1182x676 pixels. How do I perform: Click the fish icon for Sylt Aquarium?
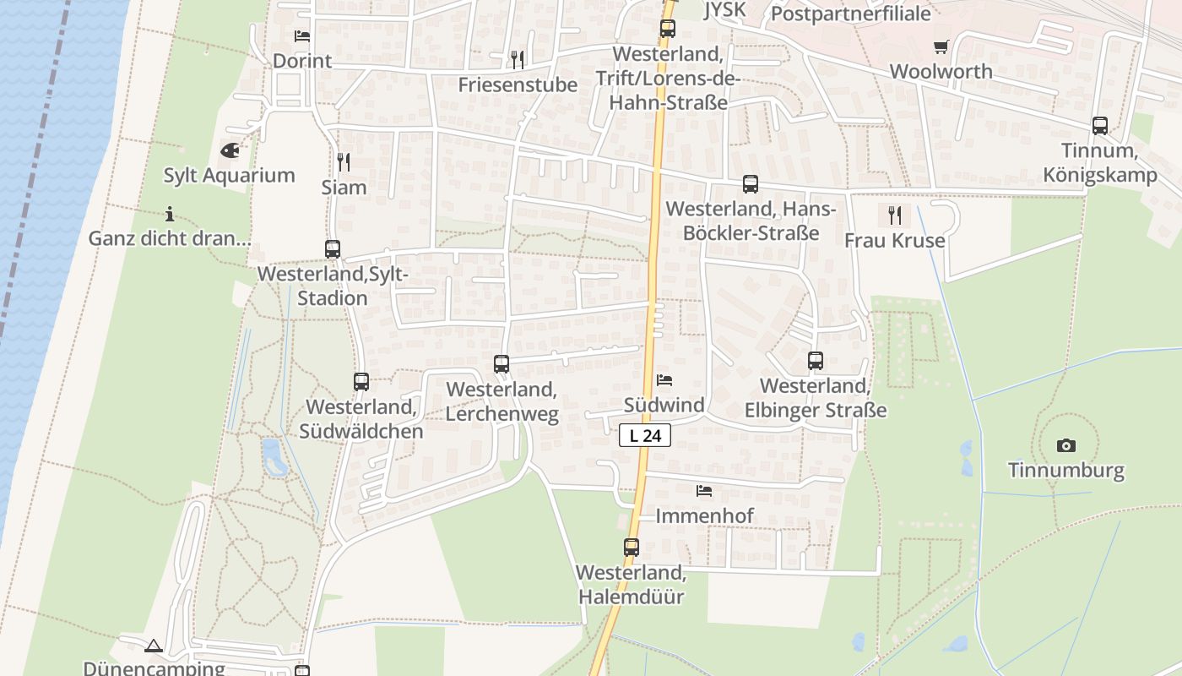[229, 150]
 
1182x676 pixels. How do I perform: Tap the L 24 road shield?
[646, 436]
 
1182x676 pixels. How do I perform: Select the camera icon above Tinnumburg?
[1066, 445]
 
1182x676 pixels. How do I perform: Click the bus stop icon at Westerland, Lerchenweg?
[502, 364]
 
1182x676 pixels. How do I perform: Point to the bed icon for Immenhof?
[704, 491]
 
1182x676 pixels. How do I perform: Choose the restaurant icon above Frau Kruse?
[895, 215]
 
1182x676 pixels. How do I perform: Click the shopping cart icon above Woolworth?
[941, 46]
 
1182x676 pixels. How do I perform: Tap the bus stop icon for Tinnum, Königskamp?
[1100, 126]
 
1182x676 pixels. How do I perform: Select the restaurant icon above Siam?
[344, 161]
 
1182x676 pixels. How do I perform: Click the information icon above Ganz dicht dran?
[170, 214]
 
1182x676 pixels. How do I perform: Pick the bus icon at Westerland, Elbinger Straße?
[816, 361]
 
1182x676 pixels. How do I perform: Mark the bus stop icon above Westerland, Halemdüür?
[632, 547]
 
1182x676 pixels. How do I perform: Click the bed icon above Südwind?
[664, 380]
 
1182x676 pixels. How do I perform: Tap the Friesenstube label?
[518, 84]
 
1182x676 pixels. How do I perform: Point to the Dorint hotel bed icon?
[302, 36]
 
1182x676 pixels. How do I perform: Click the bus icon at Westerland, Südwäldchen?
[361, 382]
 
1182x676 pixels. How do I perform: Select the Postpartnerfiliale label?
[851, 14]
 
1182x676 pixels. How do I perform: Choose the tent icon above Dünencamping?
[153, 646]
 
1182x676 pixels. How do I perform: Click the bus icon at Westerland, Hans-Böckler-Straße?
[751, 183]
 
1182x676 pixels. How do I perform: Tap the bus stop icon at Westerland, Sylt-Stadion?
[333, 249]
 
